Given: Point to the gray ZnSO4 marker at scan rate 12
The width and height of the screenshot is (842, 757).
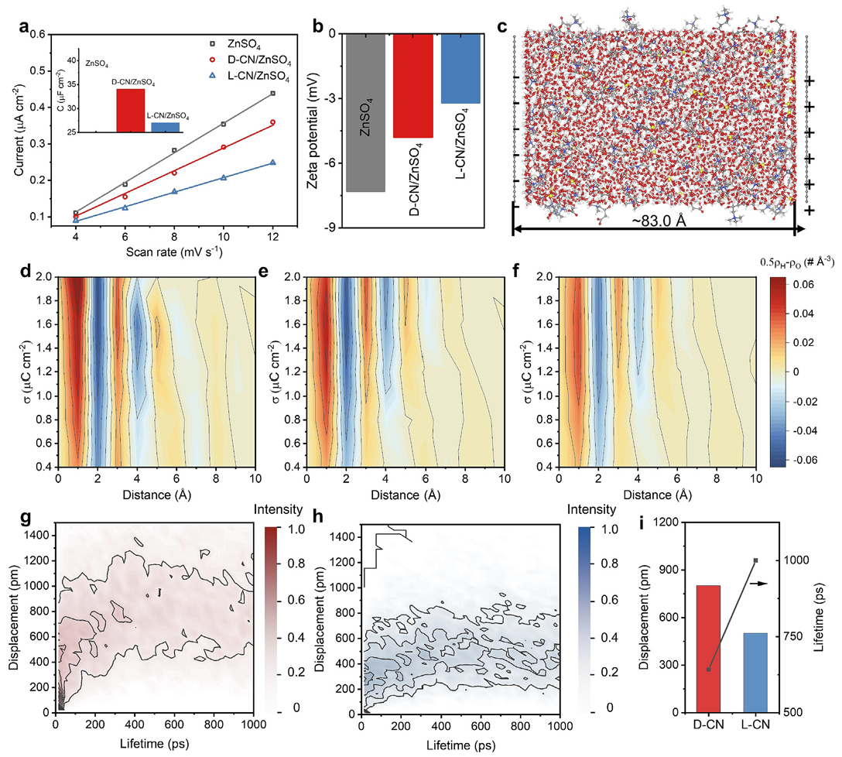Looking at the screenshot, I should [x=272, y=93].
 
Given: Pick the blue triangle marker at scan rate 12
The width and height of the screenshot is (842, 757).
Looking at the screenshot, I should [x=272, y=163].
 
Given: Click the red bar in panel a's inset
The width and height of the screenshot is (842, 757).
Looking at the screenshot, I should [x=131, y=111].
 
